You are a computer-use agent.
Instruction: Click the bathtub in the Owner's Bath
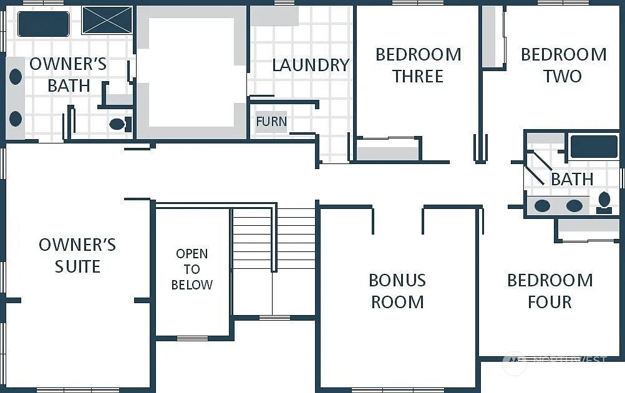[43, 24]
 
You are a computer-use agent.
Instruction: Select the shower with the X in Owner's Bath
[107, 20]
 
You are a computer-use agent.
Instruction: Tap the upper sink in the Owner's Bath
[16, 77]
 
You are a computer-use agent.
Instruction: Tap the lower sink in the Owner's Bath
[16, 119]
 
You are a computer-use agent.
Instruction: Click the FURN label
[271, 121]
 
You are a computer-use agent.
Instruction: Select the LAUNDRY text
[310, 65]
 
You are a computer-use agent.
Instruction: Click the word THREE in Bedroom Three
[417, 77]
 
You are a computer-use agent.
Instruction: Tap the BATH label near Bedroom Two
[571, 179]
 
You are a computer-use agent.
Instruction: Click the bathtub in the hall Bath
[593, 147]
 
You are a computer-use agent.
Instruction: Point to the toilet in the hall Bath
[604, 201]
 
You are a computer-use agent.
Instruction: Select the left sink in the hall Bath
[542, 205]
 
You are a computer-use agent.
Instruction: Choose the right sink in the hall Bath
[574, 205]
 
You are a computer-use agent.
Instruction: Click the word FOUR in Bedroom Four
[549, 303]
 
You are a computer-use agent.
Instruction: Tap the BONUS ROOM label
[397, 291]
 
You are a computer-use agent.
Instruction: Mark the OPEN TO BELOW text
[191, 269]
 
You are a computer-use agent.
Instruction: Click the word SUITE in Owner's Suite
[77, 267]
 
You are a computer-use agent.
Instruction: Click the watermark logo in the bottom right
[515, 362]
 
